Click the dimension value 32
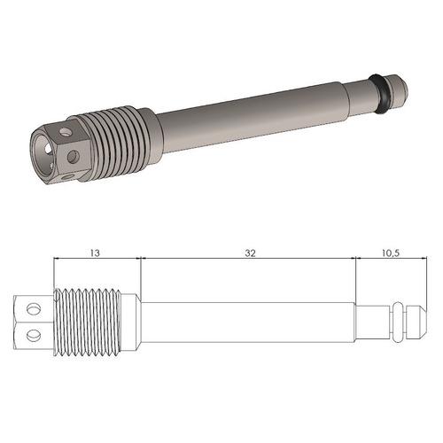(250, 253)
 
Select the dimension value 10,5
(389, 253)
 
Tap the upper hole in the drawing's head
(35, 309)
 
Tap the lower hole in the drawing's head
(35, 334)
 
